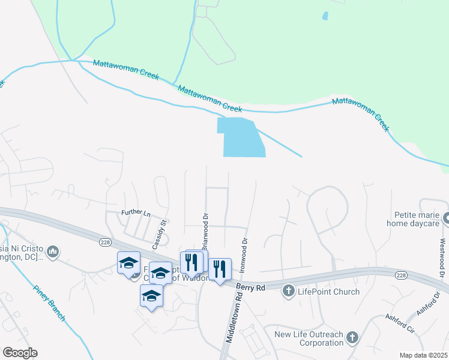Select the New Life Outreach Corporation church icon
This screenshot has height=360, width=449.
point(353,338)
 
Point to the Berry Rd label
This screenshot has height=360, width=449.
point(250,288)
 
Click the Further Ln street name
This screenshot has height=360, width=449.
point(135,212)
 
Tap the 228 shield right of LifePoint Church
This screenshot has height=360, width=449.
point(400,275)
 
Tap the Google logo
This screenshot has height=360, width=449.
point(20,353)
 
